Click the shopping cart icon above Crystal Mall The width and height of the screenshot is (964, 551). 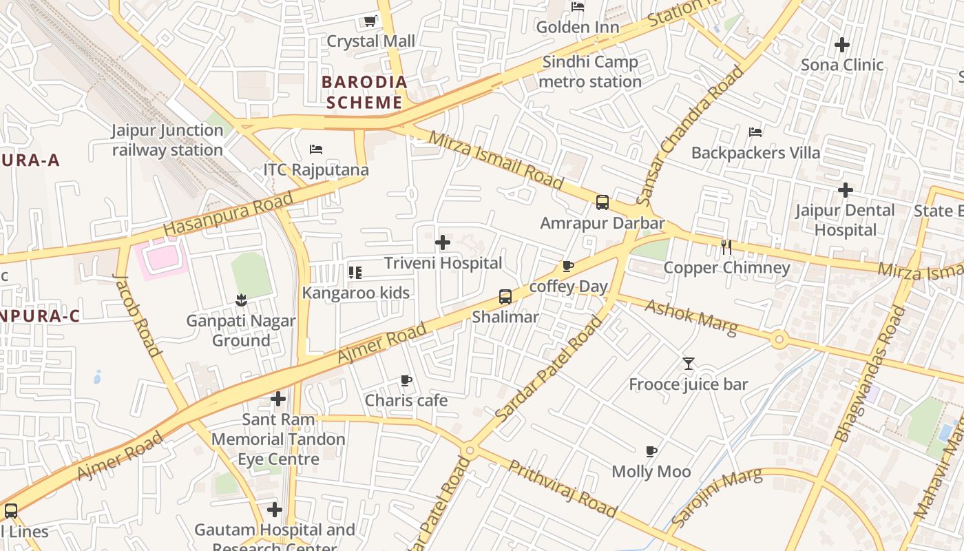click(370, 21)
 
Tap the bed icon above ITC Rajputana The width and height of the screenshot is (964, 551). click(316, 149)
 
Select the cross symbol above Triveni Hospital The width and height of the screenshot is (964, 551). click(443, 242)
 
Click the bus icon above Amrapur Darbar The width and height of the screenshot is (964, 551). click(602, 202)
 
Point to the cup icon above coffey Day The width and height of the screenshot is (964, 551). click(568, 266)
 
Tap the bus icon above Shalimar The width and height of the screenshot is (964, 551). click(505, 297)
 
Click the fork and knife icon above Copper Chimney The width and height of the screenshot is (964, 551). click(726, 247)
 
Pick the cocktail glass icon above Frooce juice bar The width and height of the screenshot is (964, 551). click(689, 363)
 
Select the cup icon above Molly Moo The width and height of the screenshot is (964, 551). click(651, 451)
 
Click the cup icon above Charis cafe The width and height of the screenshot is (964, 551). click(406, 380)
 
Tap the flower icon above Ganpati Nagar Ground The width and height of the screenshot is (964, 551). click(241, 300)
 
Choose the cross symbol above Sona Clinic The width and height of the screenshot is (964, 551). click(841, 45)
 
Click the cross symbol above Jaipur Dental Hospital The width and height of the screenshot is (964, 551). click(846, 190)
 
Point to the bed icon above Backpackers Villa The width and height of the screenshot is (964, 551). click(755, 132)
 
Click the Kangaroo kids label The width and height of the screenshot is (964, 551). click(356, 293)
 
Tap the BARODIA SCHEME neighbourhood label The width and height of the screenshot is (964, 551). click(364, 92)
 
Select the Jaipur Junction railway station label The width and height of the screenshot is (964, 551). click(167, 140)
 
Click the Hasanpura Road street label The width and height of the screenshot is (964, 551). click(229, 214)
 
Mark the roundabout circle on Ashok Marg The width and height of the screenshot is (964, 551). click(779, 339)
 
